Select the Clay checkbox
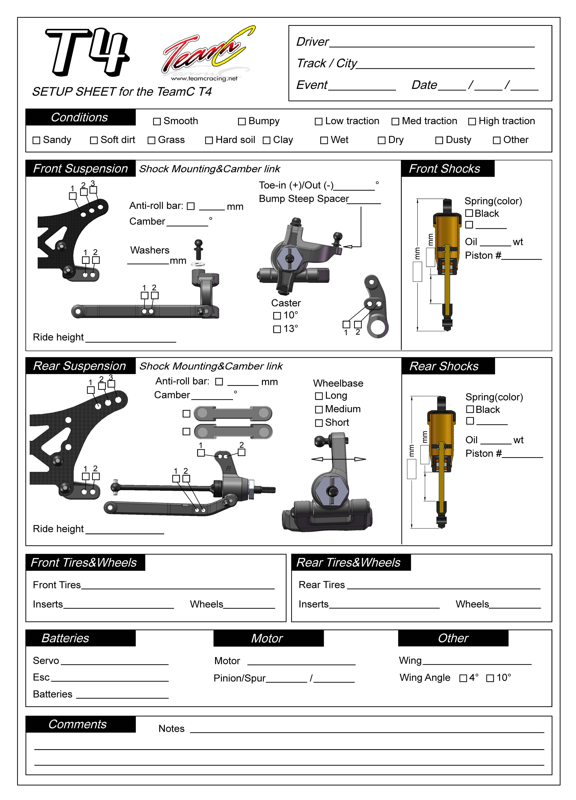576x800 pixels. tap(267, 140)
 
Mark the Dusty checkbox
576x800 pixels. tap(439, 140)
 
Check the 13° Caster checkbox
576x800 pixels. tap(277, 329)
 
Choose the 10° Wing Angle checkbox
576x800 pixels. tap(490, 678)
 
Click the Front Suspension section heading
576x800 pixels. tap(80, 169)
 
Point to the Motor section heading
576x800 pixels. tap(267, 638)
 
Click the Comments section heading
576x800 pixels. tap(78, 724)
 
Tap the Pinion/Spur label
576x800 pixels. tap(239, 678)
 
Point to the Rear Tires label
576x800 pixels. tap(322, 585)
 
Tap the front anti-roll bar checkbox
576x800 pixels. tap(191, 206)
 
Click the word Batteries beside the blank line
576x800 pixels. tap(52, 694)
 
